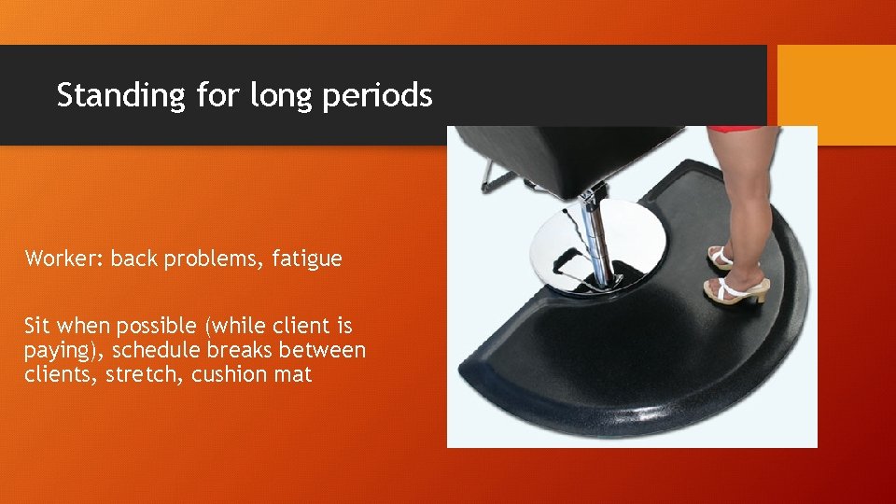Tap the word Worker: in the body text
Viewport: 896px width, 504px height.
point(64,259)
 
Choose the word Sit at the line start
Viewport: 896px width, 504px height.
point(38,326)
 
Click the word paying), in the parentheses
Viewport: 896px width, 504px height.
point(60,351)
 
